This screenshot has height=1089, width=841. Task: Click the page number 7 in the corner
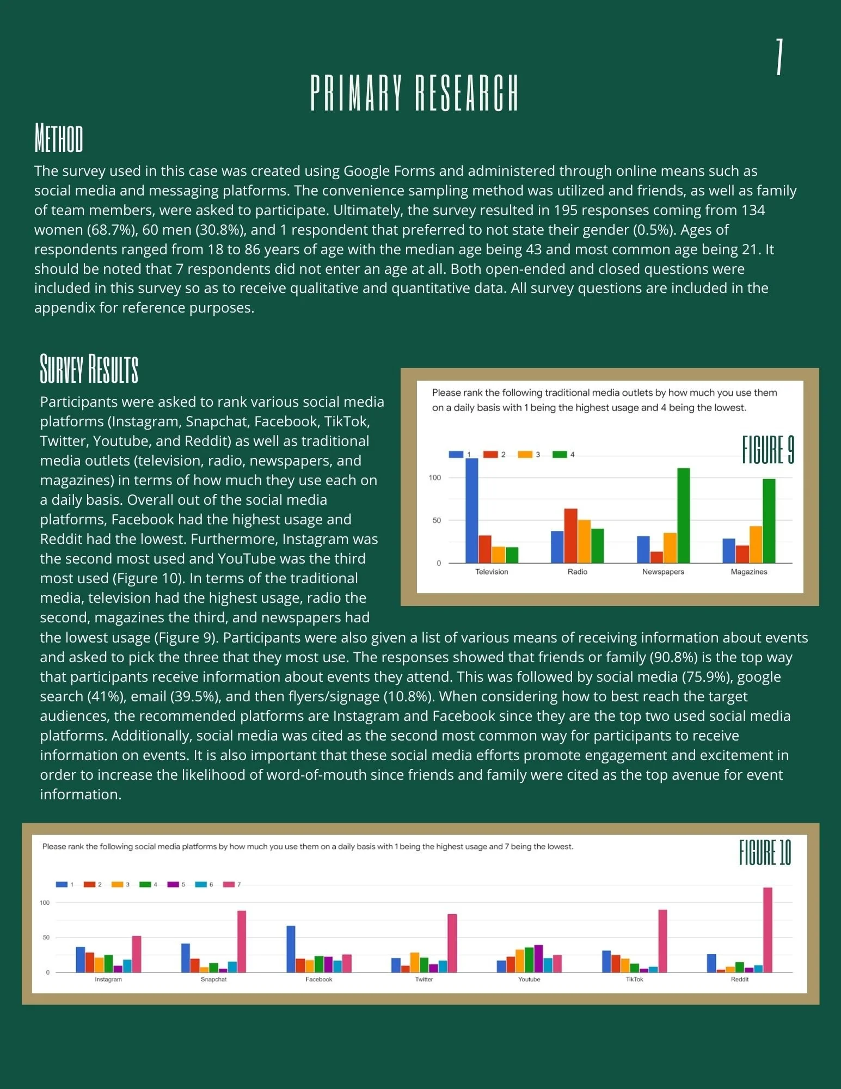[x=779, y=57]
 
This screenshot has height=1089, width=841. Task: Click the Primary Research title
[x=414, y=93]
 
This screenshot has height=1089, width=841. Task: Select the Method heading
[x=59, y=138]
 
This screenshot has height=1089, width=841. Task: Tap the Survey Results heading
[x=89, y=369]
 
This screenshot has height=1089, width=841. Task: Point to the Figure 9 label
[x=768, y=450]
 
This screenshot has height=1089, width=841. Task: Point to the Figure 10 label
[x=765, y=853]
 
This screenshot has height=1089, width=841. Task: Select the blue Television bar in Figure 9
[x=471, y=511]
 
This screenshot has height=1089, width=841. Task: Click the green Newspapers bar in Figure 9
[x=683, y=515]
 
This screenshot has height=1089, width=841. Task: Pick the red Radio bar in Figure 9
[x=570, y=536]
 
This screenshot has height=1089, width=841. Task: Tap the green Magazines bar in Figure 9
[x=769, y=521]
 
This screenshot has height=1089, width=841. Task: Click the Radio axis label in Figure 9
[x=577, y=572]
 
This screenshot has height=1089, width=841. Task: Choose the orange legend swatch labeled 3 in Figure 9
[x=525, y=455]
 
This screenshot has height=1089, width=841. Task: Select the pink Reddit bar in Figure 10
[x=768, y=929]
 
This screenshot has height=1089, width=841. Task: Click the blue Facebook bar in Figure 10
[x=291, y=949]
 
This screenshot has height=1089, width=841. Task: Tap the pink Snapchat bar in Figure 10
[x=241, y=941]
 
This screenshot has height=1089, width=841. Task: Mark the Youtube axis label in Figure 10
[x=529, y=979]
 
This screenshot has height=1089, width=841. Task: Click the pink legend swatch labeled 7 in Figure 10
[x=228, y=884]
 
